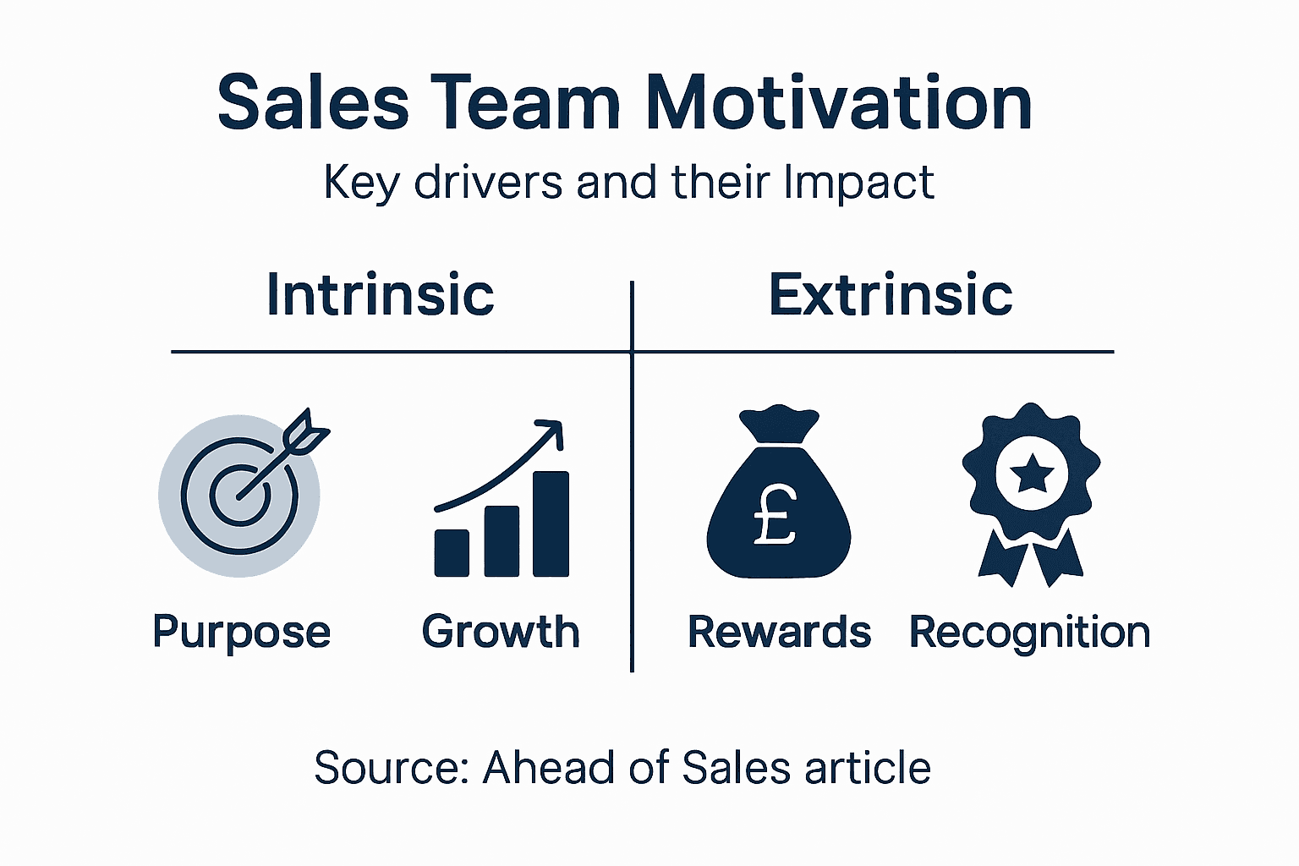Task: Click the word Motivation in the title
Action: coord(838,103)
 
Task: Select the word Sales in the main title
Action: coord(313,103)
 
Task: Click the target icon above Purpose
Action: coord(239,496)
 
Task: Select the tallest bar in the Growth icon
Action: coord(551,523)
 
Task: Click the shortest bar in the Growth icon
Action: coord(452,553)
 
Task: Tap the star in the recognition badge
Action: coord(1031,474)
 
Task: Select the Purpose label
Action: coord(241,633)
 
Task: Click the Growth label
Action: coord(501,633)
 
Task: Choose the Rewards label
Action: coord(779,633)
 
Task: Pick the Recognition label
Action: coord(1029,633)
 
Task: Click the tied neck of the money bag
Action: coord(778,440)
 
